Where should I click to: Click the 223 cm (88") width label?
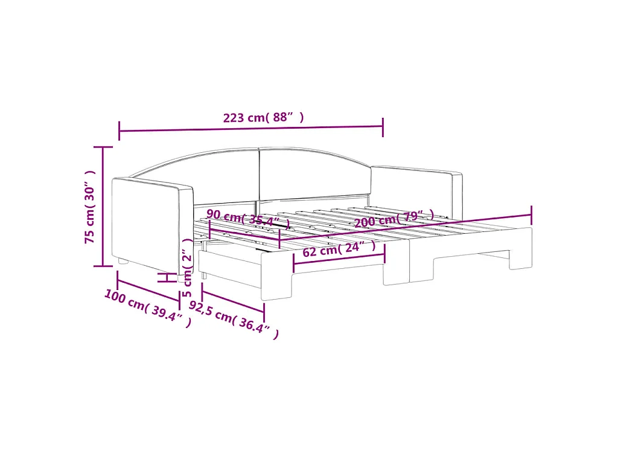tap(263, 118)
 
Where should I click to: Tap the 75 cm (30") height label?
tap(90, 207)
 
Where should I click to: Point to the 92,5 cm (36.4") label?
tap(234, 320)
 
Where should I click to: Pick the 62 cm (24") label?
tap(339, 249)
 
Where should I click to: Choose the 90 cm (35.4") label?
tap(248, 217)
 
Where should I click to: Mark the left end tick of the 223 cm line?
tap(119, 130)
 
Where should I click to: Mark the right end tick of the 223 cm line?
tap(383, 126)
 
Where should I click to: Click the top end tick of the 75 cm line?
tap(103, 147)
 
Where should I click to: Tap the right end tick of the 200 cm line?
tap(531, 214)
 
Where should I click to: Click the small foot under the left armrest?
tap(123, 262)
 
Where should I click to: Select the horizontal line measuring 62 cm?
tap(339, 258)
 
